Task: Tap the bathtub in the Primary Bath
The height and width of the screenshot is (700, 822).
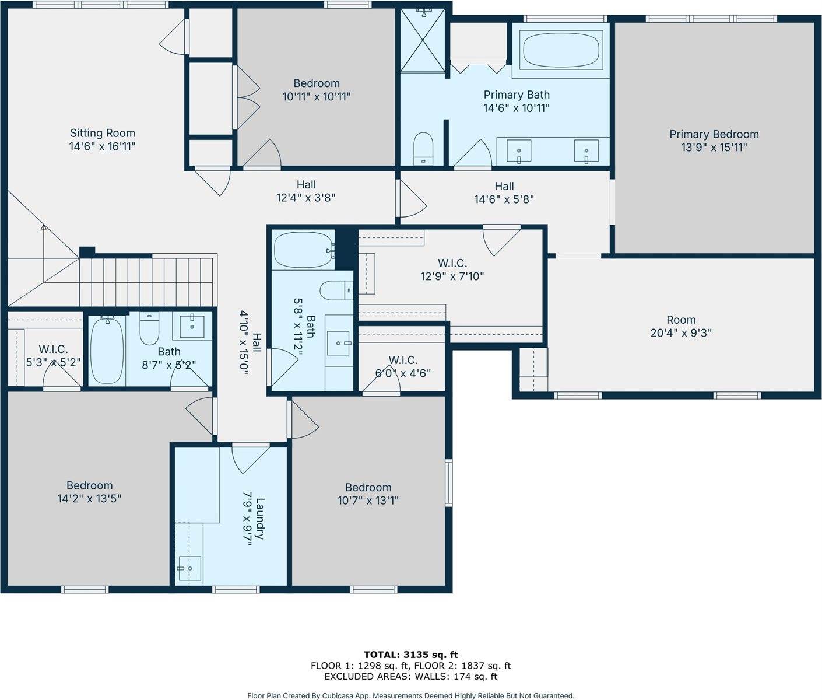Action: [x=561, y=50]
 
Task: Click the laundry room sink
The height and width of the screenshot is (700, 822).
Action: [x=189, y=568]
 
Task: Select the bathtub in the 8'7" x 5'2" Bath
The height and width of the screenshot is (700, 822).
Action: [x=107, y=349]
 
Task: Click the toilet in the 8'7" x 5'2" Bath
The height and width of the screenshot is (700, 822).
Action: [x=150, y=330]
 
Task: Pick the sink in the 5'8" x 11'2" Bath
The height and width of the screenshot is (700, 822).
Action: [x=339, y=344]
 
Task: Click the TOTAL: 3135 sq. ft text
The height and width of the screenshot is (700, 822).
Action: [x=410, y=654]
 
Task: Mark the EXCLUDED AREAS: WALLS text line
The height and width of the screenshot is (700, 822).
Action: [x=410, y=677]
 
